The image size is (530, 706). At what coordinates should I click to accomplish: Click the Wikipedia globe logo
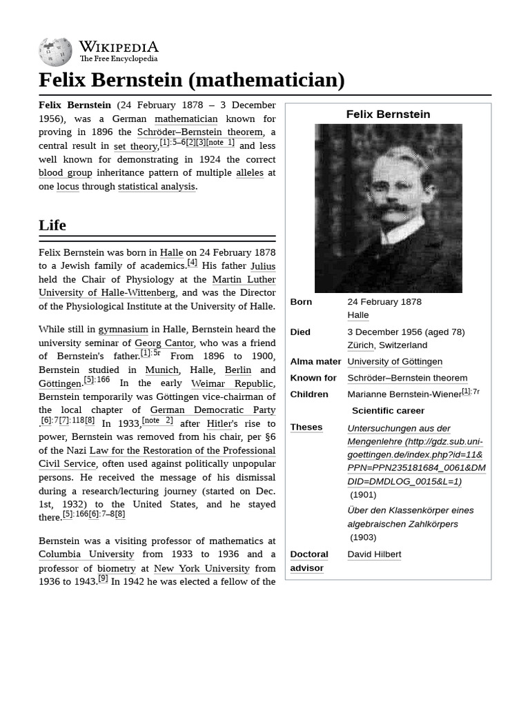tap(55, 52)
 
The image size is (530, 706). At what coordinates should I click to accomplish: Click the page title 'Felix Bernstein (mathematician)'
tap(191, 80)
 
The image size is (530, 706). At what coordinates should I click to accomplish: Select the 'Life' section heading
tap(52, 225)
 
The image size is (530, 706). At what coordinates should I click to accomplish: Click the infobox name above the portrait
tap(388, 114)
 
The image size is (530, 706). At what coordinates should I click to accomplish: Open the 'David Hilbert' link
tap(374, 554)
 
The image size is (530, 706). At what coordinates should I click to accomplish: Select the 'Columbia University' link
tap(86, 554)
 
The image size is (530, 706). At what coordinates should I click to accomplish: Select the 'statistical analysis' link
tap(157, 186)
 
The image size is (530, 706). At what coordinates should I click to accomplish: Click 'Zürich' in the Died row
tap(360, 345)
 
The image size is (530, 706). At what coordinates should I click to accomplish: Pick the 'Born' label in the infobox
tap(301, 302)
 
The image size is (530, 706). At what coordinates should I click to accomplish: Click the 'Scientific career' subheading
tap(388, 411)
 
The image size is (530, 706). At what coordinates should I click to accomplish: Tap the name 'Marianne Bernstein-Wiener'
tap(404, 394)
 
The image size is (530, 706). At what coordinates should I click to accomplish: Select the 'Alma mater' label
tap(315, 361)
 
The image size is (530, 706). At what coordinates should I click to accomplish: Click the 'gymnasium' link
tap(123, 330)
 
